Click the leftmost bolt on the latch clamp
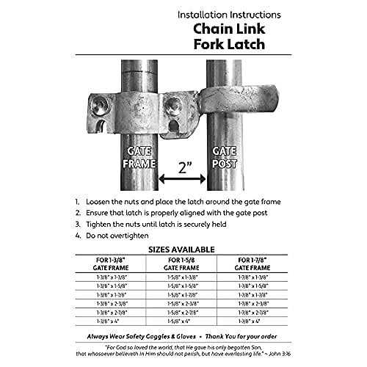tap(101, 107)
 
